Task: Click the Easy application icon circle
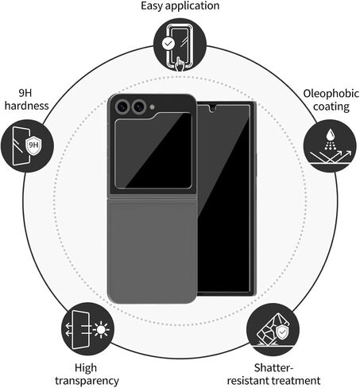(x=180, y=45)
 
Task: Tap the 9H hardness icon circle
(x=27, y=145)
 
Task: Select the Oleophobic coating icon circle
(x=330, y=145)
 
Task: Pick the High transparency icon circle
(x=88, y=329)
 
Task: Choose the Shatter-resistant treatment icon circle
(x=273, y=330)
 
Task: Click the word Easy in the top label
(x=151, y=6)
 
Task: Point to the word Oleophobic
(x=331, y=94)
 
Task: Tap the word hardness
(x=27, y=106)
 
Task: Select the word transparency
(x=87, y=381)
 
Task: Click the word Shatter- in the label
(x=274, y=367)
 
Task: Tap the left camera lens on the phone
(x=122, y=107)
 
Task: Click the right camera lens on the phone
(x=139, y=107)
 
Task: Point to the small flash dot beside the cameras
(x=152, y=107)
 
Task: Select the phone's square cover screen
(x=153, y=150)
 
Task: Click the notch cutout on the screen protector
(x=213, y=108)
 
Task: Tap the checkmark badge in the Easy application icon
(x=168, y=43)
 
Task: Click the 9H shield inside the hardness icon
(x=33, y=145)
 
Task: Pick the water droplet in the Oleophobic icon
(x=330, y=134)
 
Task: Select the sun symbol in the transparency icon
(x=101, y=330)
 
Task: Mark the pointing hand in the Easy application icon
(x=180, y=64)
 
